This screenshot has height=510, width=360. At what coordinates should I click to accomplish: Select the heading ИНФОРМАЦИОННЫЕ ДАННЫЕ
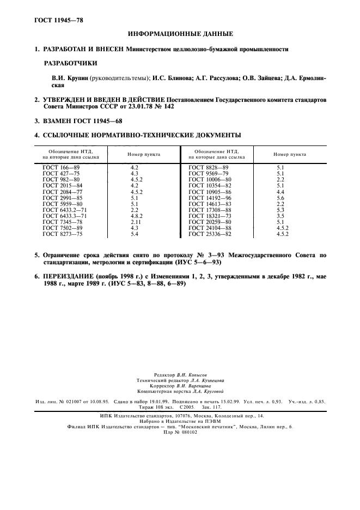pos(180,34)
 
